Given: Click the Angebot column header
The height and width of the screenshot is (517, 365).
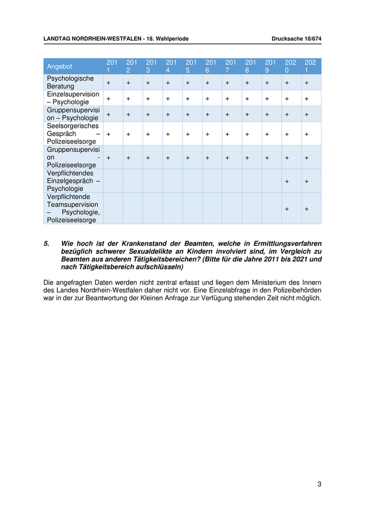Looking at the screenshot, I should (59, 66).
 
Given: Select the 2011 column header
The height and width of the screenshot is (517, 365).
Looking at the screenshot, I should (112, 66).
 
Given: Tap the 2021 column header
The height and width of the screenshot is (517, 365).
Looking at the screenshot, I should (310, 66).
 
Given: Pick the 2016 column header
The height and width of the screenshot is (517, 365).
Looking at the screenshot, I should (211, 66).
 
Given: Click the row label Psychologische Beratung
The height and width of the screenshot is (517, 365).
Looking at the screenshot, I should (70, 83).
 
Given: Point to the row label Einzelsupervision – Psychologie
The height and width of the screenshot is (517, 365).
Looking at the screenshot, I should (72, 98).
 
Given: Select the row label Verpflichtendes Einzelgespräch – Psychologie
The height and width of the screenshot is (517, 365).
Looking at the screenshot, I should (73, 181).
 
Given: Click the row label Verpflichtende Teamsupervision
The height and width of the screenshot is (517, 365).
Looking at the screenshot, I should (73, 208).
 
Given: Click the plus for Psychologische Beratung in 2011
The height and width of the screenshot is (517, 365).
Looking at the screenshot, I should (108, 83).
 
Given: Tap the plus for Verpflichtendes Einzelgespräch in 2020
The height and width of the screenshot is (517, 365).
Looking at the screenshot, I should (287, 181).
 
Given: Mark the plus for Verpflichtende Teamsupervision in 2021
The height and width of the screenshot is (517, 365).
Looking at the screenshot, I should (307, 209).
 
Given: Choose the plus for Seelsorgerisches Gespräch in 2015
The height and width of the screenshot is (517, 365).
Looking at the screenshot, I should (188, 134).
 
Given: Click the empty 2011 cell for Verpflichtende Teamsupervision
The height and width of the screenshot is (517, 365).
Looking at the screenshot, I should (113, 208).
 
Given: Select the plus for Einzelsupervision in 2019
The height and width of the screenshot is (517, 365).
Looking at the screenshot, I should (267, 99).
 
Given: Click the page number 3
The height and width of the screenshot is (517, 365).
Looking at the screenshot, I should (319, 484).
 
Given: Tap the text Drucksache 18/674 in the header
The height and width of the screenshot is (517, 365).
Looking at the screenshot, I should (296, 39).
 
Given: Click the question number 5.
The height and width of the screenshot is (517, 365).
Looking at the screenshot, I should (46, 244).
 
